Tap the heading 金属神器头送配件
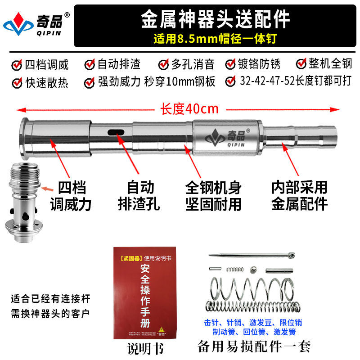click(x=215, y=19)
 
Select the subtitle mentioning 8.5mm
click(x=215, y=39)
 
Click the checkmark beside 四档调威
click(x=17, y=64)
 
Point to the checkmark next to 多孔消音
click(x=163, y=64)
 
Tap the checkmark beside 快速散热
click(x=17, y=82)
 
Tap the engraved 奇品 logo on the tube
click(x=227, y=134)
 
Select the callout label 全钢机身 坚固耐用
click(x=213, y=196)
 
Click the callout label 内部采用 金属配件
click(x=299, y=196)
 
